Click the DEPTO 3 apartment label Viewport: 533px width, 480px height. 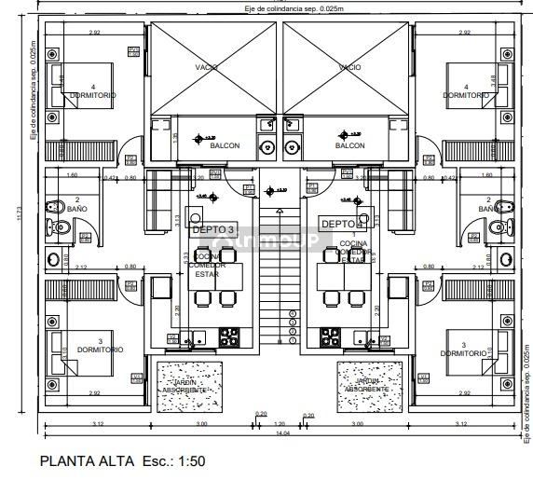[212, 228]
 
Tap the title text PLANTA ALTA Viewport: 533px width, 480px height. [88, 460]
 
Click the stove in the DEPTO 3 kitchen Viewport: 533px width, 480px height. [228, 336]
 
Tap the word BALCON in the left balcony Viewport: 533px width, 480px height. [224, 145]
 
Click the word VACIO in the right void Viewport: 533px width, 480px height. [349, 67]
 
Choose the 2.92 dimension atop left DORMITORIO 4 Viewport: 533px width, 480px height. [94, 33]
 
